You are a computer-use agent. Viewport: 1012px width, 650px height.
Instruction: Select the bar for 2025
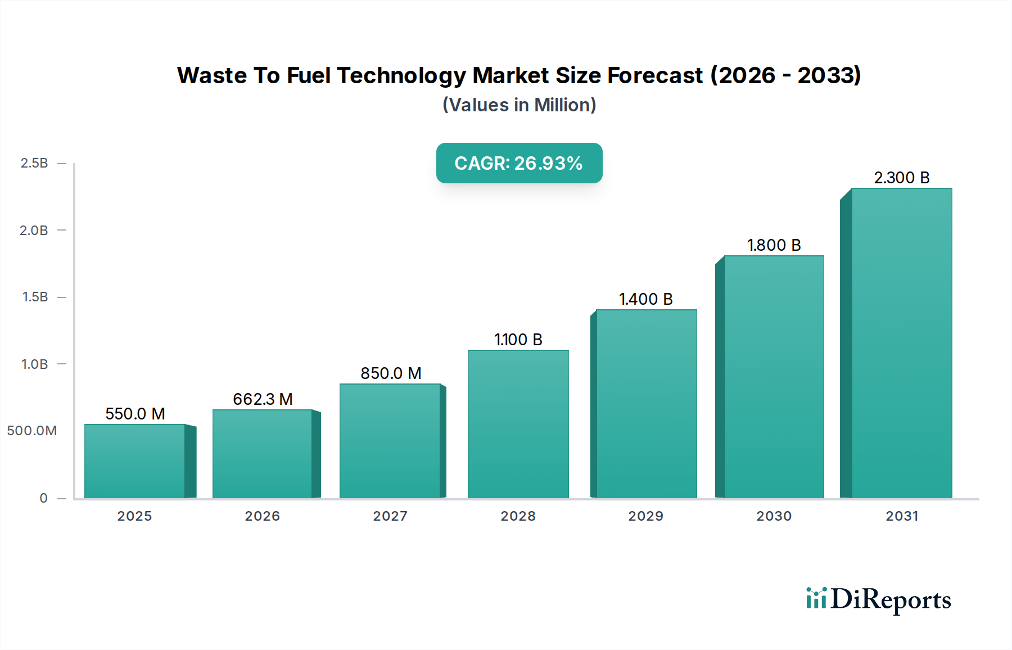point(135,461)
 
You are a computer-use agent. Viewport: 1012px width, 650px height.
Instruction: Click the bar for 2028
point(518,425)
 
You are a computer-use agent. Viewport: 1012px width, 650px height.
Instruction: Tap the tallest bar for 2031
point(901,343)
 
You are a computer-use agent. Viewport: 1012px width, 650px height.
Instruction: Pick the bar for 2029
point(646,404)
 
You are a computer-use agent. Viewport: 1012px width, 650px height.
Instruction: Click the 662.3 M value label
point(263,399)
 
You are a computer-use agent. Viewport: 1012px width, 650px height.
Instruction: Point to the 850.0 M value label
point(391,373)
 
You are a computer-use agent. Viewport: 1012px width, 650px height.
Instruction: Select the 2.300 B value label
point(901,178)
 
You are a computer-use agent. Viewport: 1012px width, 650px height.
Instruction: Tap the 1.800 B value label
point(774,245)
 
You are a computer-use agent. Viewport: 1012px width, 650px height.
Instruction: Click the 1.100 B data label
point(518,340)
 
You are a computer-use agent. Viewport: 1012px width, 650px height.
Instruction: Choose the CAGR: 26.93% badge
point(519,163)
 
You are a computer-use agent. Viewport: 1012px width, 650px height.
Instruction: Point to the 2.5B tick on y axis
point(34,163)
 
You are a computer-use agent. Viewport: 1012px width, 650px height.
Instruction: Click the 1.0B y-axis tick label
point(34,364)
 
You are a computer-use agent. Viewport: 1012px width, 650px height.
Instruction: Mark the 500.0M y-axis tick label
point(32,431)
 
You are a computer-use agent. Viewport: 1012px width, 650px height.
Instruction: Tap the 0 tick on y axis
point(43,498)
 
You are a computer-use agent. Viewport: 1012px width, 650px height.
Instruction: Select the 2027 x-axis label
point(390,516)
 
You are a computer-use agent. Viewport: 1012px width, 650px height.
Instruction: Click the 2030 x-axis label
point(774,516)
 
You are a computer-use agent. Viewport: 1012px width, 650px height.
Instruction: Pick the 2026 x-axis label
point(262,516)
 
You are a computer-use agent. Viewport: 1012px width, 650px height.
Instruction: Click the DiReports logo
point(878,599)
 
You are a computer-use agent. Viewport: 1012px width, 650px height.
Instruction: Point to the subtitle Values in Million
point(519,105)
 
